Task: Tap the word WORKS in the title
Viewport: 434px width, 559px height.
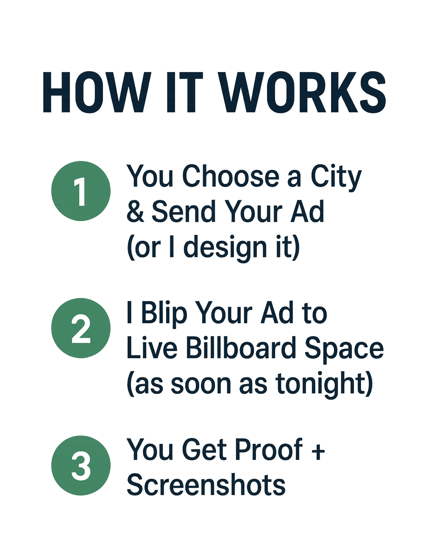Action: [303, 93]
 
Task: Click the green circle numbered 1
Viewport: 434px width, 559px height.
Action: [81, 191]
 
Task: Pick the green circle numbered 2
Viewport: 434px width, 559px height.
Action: [81, 328]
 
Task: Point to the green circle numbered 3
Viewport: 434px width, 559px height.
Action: [81, 465]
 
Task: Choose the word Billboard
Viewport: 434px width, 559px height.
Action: [241, 349]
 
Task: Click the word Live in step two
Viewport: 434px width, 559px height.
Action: [152, 349]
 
